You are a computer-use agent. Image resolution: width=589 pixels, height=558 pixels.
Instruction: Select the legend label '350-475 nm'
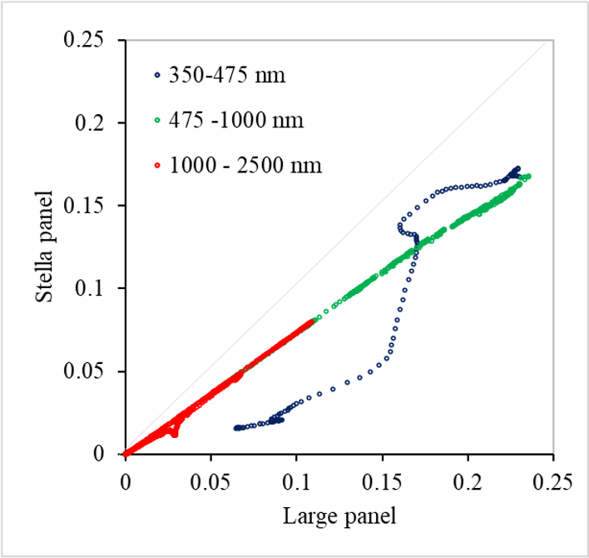[227, 76]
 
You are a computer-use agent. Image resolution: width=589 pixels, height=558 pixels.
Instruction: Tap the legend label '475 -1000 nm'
[236, 121]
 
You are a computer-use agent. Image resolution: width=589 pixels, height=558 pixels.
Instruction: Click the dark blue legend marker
[156, 76]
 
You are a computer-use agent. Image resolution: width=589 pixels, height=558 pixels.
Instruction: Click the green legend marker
[156, 121]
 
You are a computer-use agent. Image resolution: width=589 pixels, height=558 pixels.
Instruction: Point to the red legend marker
[156, 166]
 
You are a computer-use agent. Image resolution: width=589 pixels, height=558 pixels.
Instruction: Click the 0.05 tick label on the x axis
[210, 481]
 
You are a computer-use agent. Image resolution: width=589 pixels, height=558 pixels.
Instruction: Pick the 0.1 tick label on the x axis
[296, 481]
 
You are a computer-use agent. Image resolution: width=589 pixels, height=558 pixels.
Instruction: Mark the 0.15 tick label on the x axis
[382, 481]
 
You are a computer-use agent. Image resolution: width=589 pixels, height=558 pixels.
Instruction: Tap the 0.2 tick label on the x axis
[468, 481]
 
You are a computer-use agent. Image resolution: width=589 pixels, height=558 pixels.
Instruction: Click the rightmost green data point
[529, 177]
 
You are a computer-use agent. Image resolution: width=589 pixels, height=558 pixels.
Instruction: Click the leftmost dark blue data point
[236, 427]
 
